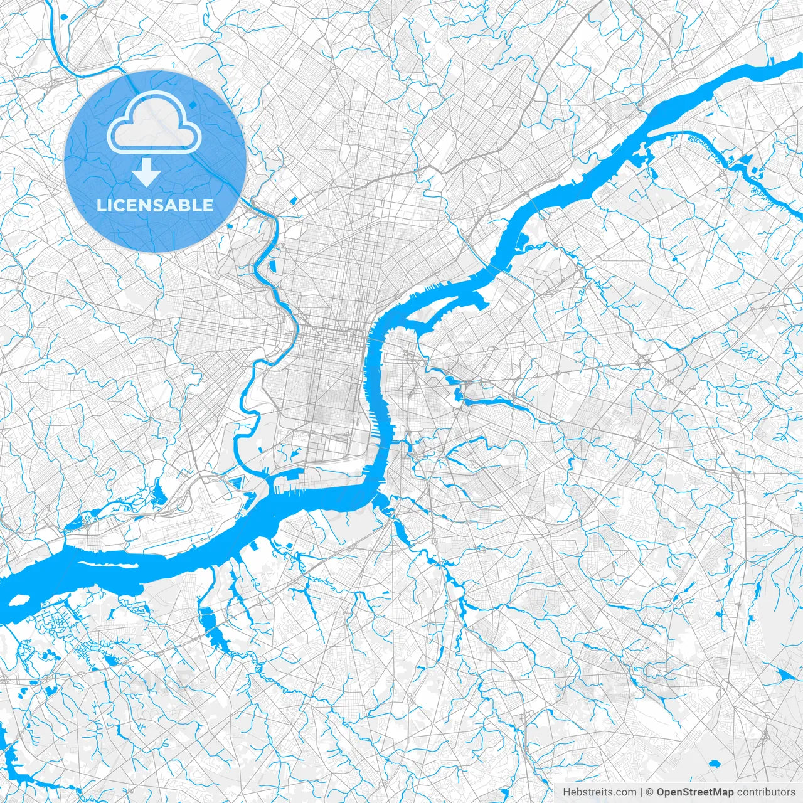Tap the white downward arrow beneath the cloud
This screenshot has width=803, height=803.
pos(147,172)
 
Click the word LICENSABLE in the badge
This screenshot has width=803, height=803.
pos(154,205)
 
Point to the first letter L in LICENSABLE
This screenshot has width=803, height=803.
pos(100,205)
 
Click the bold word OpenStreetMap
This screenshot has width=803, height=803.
pos(695,792)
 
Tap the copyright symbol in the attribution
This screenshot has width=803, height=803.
pos(651,792)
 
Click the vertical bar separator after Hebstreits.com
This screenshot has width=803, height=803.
pos(641,792)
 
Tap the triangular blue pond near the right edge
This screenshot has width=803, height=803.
pos(784,675)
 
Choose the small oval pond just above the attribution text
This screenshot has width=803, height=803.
pos(713,764)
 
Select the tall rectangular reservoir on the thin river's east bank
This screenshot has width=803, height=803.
pos(273,265)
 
